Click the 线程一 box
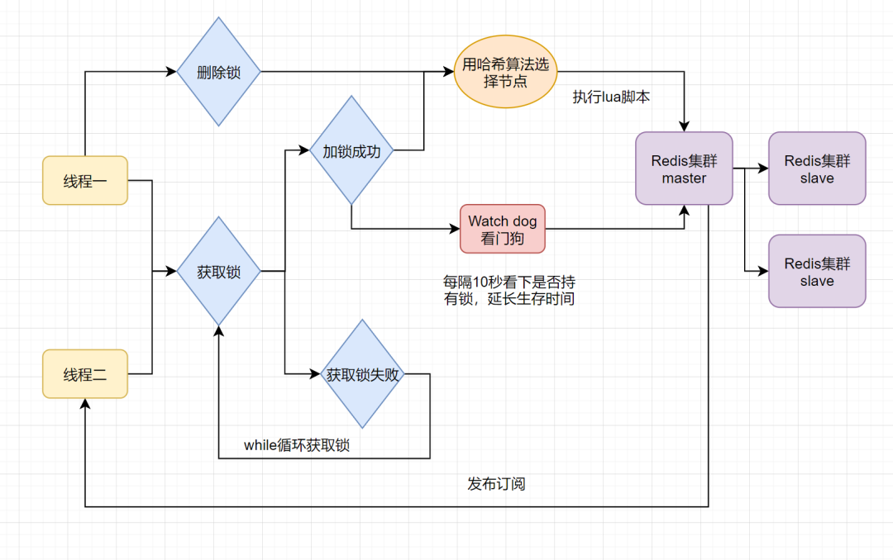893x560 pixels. pyautogui.click(x=85, y=180)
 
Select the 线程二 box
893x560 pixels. pyautogui.click(x=85, y=374)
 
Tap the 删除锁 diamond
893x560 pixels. pyautogui.click(x=219, y=72)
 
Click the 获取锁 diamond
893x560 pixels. pyautogui.click(x=219, y=270)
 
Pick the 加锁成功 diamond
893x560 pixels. pyautogui.click(x=351, y=150)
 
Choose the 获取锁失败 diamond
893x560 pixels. pyautogui.click(x=362, y=374)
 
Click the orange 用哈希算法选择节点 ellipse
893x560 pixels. pyautogui.click(x=505, y=72)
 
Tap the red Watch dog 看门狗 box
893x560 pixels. pyautogui.click(x=503, y=229)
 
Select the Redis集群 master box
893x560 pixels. pyautogui.click(x=684, y=168)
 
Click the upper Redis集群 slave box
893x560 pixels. pyautogui.click(x=817, y=168)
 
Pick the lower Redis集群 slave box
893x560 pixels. pyautogui.click(x=817, y=271)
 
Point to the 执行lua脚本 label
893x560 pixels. pyautogui.click(x=611, y=97)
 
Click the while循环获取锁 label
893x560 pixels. pyautogui.click(x=296, y=445)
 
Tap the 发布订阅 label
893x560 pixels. pyautogui.click(x=496, y=483)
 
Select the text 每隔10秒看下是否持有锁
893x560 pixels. pyautogui.click(x=509, y=290)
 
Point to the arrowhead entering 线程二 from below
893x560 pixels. pyautogui.click(x=85, y=404)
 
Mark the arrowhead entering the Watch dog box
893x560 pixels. pyautogui.click(x=455, y=229)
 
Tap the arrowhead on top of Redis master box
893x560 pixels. pyautogui.click(x=684, y=126)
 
